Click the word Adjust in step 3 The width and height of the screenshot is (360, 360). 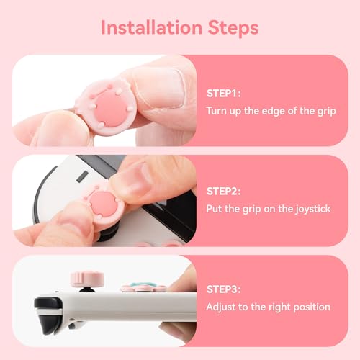tap(221, 307)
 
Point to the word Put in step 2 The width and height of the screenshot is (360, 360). tap(214, 209)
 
